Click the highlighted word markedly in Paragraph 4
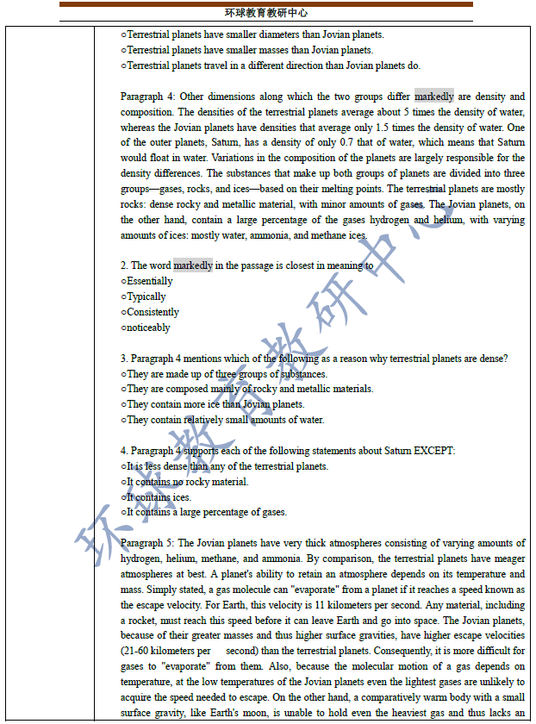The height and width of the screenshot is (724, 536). coord(433,97)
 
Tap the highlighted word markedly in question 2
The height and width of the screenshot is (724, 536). coord(193,265)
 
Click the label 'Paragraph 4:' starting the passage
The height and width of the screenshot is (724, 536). coord(150,97)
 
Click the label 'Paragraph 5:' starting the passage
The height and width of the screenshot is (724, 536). coord(150,543)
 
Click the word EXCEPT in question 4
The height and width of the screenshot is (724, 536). coord(434,451)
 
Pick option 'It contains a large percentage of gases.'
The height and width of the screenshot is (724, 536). coord(204,513)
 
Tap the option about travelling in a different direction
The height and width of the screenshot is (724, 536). coord(271,66)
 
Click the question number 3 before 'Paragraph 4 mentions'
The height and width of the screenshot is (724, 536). coord(123,359)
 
